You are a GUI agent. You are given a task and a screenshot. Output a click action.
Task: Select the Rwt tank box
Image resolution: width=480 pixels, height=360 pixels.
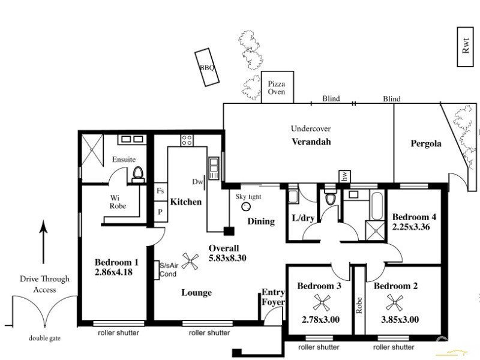466,47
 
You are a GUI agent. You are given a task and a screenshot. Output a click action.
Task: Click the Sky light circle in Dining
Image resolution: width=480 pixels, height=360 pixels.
245,206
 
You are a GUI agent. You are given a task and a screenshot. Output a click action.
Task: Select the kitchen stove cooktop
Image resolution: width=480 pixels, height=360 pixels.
187,140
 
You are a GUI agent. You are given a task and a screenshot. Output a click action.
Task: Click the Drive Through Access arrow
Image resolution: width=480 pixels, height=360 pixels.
43,242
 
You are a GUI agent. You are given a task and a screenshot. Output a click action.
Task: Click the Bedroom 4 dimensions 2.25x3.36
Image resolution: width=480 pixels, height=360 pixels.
412,227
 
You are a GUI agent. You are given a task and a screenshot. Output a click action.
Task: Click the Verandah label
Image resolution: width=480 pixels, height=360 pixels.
311,142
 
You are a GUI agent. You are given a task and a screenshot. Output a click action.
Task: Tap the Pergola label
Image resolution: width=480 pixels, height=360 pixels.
426,144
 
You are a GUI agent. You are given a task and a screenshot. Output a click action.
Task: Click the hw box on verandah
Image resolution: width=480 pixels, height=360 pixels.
344,176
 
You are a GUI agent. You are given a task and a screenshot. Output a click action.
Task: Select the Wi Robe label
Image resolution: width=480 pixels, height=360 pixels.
118,202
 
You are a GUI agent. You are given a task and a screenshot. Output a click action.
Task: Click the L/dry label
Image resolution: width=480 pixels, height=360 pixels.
299,217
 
